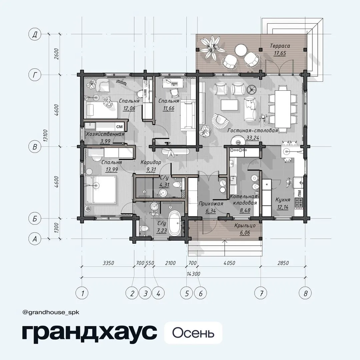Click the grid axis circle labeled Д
pos(35,34)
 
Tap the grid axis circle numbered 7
pos(261,293)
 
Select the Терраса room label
pos(280,46)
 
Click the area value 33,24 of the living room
pos(253,138)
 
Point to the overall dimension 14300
pos(193,274)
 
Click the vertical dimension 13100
pos(45,135)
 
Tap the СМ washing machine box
pos(119,127)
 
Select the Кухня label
pos(283,200)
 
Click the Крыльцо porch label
pos(245,225)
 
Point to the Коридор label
pos(151,162)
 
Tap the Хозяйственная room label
pos(105,134)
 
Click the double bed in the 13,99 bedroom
pos(101,190)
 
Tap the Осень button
pos(193,333)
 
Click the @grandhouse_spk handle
pos(51,312)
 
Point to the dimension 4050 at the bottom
pos(229,263)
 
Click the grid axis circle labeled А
pos(35,239)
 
